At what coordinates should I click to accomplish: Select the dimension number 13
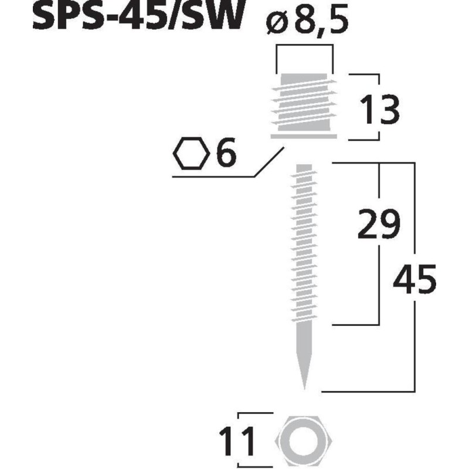pos(379,110)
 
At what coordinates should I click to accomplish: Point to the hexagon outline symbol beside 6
pos(191,154)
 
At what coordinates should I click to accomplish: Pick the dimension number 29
pos(378,223)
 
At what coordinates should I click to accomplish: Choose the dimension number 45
pos(414,280)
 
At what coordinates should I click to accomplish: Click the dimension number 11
pos(239,442)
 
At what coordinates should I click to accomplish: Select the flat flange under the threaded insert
pos(304,136)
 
